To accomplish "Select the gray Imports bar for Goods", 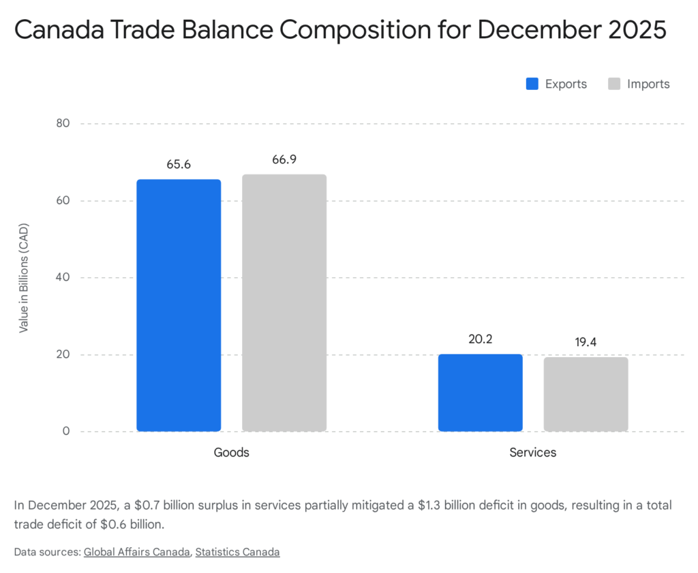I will [x=284, y=303].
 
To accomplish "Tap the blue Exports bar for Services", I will [x=480, y=392].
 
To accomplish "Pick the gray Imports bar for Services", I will [x=586, y=394].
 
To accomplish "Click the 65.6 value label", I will [x=179, y=165].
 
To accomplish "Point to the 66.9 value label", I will [x=284, y=159].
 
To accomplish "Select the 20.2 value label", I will [x=480, y=339].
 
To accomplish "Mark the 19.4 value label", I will [x=586, y=342].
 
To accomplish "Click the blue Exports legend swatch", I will [x=532, y=84].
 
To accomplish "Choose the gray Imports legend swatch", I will [x=614, y=84].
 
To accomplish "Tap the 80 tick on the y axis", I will [x=64, y=124].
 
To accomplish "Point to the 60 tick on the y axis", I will [x=64, y=201].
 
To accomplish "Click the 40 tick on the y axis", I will [x=64, y=278].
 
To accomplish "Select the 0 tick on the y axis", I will [x=67, y=431].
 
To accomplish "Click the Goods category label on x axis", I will [x=231, y=452].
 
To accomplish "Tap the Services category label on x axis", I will [x=532, y=452].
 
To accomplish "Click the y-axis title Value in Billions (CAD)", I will [x=24, y=277].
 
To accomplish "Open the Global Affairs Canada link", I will [x=136, y=552].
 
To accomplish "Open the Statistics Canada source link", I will [x=237, y=552].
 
